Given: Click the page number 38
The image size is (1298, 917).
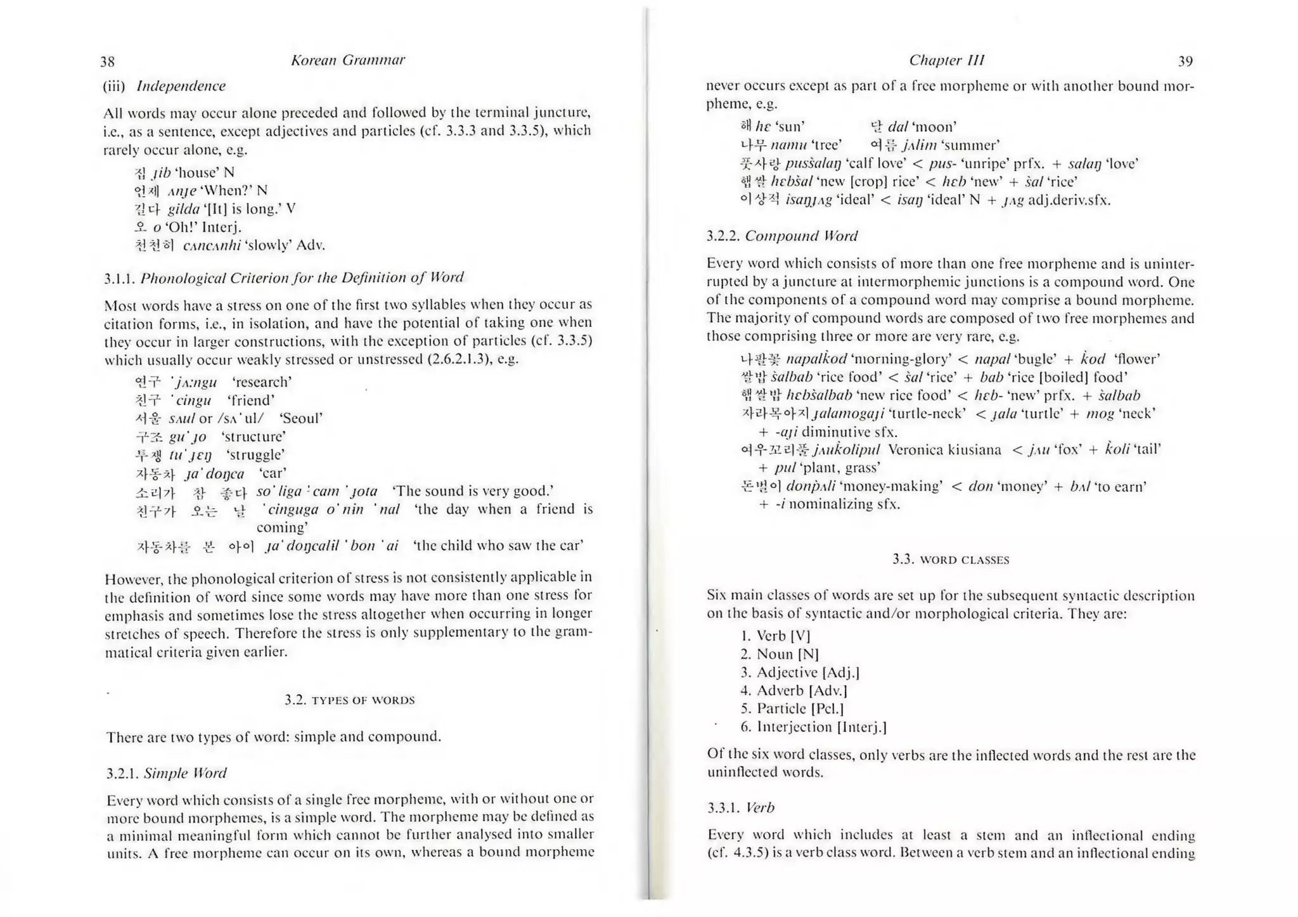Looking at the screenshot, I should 108,61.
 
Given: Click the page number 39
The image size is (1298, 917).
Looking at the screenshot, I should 1185,61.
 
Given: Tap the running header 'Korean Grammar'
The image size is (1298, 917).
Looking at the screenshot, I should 347,60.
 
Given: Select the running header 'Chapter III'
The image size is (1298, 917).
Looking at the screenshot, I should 946,60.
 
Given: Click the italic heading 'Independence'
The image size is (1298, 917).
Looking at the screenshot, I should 181,86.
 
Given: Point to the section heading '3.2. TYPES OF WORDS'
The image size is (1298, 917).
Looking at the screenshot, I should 349,700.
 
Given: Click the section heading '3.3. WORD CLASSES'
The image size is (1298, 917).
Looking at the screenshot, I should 951,560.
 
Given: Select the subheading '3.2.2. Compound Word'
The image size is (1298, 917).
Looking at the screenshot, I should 782,236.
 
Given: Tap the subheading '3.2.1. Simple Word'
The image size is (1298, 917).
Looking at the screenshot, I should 166,773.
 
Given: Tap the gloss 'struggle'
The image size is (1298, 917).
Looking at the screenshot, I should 255,455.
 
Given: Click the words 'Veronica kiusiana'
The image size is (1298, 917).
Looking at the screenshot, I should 944,450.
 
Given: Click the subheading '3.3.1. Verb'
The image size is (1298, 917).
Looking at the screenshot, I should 741,808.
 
